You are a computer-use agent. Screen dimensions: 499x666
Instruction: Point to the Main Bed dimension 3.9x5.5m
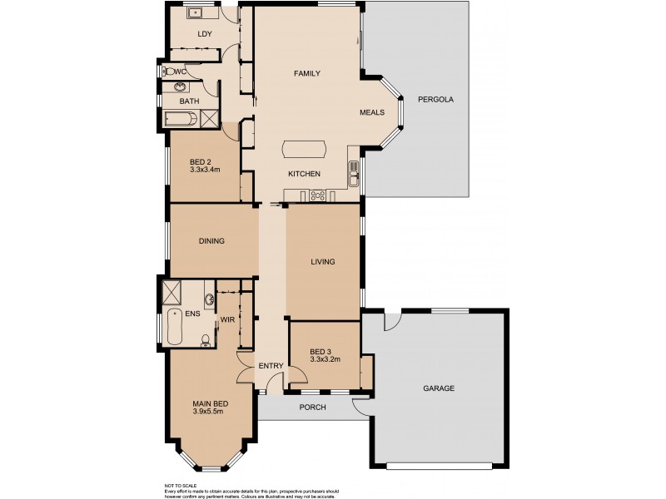coord(211,412)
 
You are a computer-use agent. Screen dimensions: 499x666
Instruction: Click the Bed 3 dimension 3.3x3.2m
coord(326,359)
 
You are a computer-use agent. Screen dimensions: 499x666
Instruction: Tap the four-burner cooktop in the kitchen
coord(317,196)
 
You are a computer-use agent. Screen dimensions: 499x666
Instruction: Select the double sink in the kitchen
coord(354,171)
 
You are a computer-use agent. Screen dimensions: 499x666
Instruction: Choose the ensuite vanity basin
coord(209,300)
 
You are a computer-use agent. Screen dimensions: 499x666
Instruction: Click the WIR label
coord(226,319)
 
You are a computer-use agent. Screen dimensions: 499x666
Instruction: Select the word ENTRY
coord(271,366)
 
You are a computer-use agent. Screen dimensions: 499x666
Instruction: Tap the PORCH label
coord(312,407)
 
